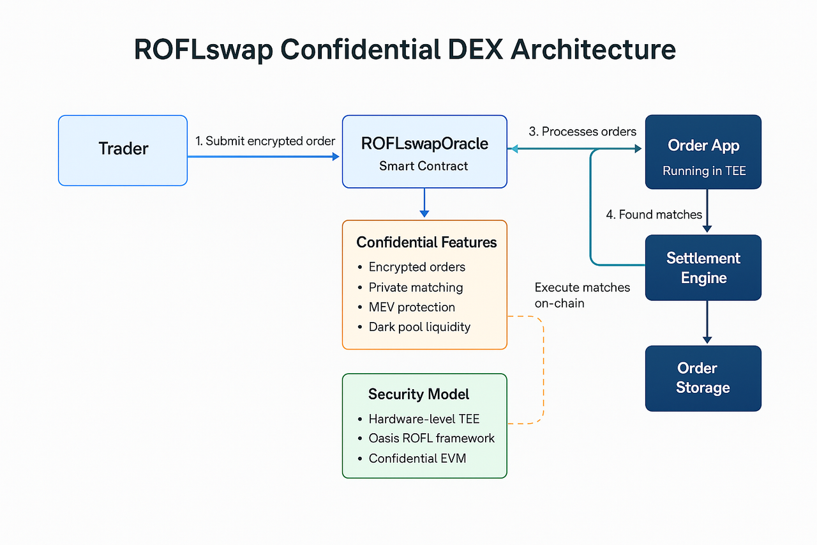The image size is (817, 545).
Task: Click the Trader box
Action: tap(123, 150)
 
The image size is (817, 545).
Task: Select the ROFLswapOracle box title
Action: tap(424, 144)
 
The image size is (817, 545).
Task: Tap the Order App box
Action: tap(703, 152)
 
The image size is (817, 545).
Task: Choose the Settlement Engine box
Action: tap(703, 268)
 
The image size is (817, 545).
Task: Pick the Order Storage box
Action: tap(703, 378)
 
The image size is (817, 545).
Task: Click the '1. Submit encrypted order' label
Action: tap(266, 141)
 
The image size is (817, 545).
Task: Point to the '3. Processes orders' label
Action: tap(582, 132)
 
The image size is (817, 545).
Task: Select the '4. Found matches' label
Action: tap(654, 215)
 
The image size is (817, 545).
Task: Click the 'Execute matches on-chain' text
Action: tap(582, 295)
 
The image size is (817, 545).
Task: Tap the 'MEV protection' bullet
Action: tap(412, 307)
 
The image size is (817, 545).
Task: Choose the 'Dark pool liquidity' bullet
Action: tap(419, 327)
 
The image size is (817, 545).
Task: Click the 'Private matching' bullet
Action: tap(416, 288)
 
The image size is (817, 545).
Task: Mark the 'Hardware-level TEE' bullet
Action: tap(424, 419)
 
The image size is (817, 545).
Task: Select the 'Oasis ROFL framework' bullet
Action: tap(431, 439)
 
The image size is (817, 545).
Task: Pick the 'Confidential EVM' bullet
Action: tap(417, 459)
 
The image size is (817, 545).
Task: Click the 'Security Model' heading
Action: tap(419, 394)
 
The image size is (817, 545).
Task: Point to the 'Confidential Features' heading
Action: tap(426, 243)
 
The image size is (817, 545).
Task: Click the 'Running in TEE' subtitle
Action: tap(703, 171)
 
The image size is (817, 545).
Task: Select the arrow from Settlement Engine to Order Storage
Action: tap(707, 323)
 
